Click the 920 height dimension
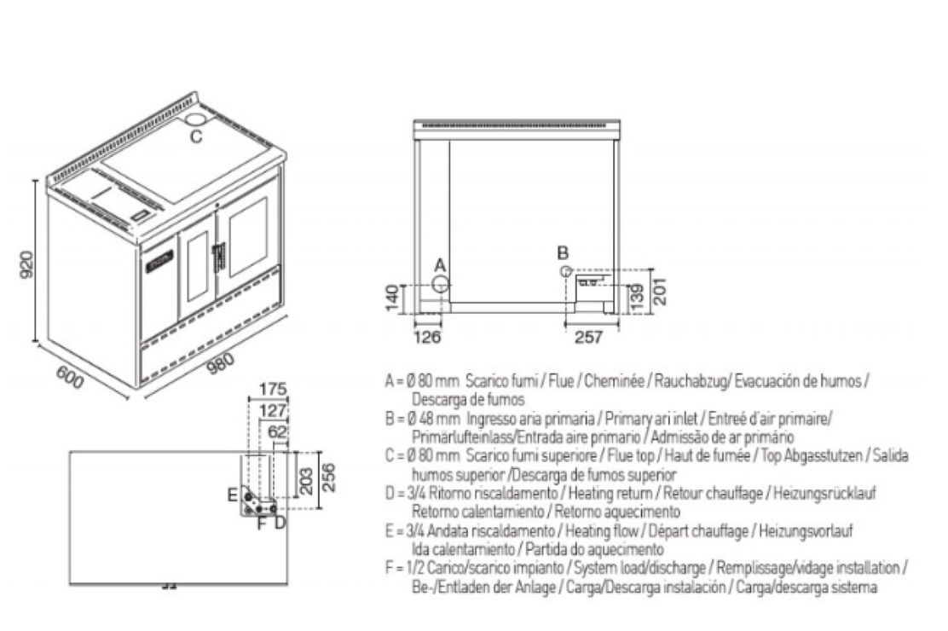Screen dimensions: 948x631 pyautogui.click(x=26, y=265)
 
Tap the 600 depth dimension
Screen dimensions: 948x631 pyautogui.click(x=69, y=379)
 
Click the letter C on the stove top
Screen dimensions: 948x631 pyautogui.click(x=196, y=136)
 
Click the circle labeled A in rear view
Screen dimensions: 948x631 pyautogui.click(x=441, y=283)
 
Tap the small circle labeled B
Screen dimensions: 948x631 pyautogui.click(x=565, y=270)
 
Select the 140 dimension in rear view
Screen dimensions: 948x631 pyautogui.click(x=392, y=297)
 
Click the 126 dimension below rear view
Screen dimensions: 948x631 pyautogui.click(x=427, y=336)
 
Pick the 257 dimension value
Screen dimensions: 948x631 pyautogui.click(x=588, y=336)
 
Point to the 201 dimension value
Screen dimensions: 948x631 pyautogui.click(x=658, y=291)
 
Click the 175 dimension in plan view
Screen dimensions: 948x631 pyautogui.click(x=273, y=390)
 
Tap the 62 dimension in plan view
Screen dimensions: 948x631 pyautogui.click(x=277, y=431)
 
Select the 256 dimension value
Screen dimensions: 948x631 pyautogui.click(x=328, y=478)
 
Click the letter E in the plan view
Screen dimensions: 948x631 pyautogui.click(x=233, y=495)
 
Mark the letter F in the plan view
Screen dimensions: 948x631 pyautogui.click(x=262, y=522)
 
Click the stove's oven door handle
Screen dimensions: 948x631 pyautogui.click(x=217, y=254)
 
